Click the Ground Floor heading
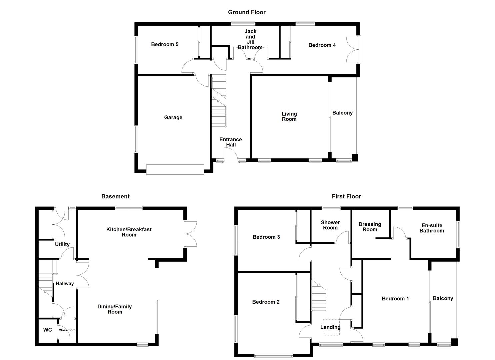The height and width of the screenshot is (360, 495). point(247,12)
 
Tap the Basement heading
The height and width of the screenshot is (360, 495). point(115,197)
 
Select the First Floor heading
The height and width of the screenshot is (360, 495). point(346,197)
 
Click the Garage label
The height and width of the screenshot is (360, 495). point(173,117)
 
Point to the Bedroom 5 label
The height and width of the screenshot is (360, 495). point(165,44)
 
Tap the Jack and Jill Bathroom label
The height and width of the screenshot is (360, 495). point(250,39)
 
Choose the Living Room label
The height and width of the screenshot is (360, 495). point(289,116)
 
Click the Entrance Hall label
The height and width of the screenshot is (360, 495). point(231,142)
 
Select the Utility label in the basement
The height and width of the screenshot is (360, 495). point(62,244)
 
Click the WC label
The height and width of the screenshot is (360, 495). point(48,330)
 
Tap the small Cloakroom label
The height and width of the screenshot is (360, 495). point(67,330)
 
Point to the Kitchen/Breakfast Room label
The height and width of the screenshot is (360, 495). point(129,232)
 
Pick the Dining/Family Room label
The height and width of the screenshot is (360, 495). point(115,309)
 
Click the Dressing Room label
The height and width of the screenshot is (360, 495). point(370,227)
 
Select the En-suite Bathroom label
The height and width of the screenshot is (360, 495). point(432,228)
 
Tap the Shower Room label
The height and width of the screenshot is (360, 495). point(330,225)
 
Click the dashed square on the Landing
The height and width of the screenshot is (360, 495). point(331,327)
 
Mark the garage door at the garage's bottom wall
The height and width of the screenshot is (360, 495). point(175,169)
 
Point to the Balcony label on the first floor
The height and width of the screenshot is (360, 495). point(443,298)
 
